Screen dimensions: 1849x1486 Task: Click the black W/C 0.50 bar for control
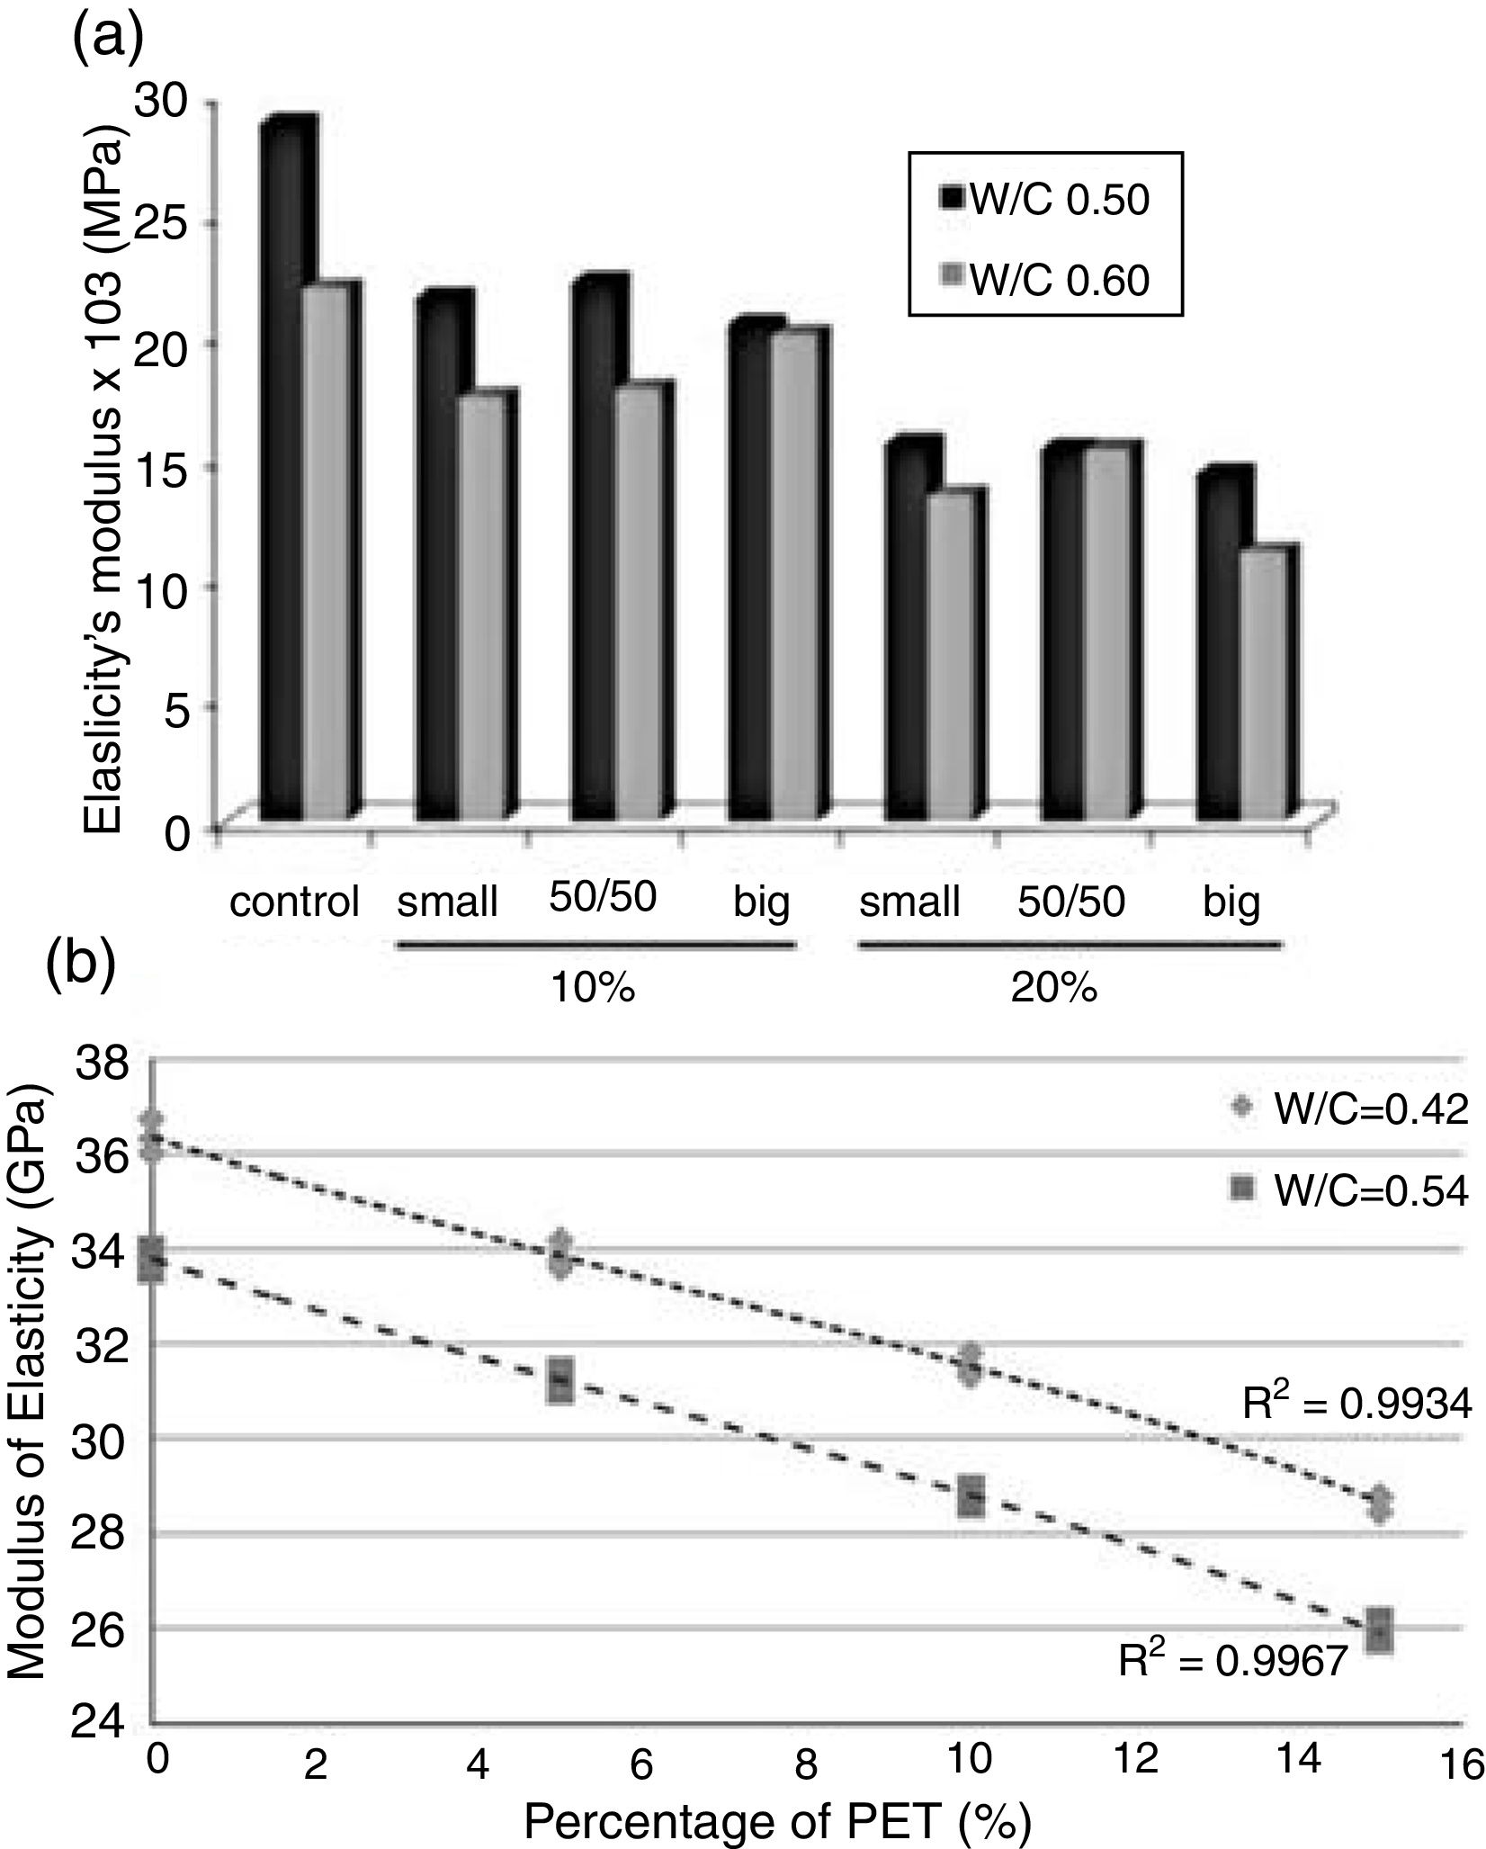pos(280,468)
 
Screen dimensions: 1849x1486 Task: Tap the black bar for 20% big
pos(1219,648)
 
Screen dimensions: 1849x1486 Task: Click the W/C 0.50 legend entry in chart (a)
pos(1043,200)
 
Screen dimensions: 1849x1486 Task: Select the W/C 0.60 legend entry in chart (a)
pos(1043,281)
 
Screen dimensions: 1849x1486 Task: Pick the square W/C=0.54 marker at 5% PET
pos(560,1378)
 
